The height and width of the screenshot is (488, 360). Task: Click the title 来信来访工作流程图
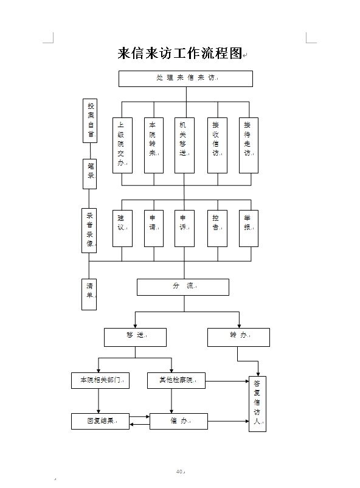click(x=180, y=53)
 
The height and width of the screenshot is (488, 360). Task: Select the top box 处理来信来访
click(x=185, y=78)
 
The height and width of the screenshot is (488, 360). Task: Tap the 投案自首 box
click(x=90, y=120)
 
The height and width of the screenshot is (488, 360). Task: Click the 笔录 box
click(x=89, y=174)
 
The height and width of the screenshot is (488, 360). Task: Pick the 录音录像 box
click(x=89, y=231)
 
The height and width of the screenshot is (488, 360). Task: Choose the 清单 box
click(x=89, y=295)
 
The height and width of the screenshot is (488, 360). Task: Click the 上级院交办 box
click(x=123, y=145)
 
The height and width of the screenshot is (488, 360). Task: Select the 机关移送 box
click(x=184, y=145)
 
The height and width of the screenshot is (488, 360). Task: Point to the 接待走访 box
click(x=249, y=145)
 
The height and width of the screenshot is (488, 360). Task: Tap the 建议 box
click(x=123, y=228)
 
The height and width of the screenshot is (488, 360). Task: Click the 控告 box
click(x=218, y=228)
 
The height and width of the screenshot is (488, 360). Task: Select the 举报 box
click(x=249, y=228)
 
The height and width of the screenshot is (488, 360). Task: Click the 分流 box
click(x=183, y=287)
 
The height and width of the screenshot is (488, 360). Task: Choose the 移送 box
click(x=136, y=337)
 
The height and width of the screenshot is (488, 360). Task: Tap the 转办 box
click(x=238, y=337)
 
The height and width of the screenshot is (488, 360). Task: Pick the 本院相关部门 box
click(x=100, y=381)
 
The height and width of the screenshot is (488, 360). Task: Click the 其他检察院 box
click(x=176, y=381)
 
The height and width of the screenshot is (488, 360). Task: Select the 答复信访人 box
click(x=258, y=404)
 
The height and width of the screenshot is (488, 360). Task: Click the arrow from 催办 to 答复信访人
click(x=229, y=422)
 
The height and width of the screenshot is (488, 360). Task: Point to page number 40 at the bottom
click(x=179, y=472)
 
